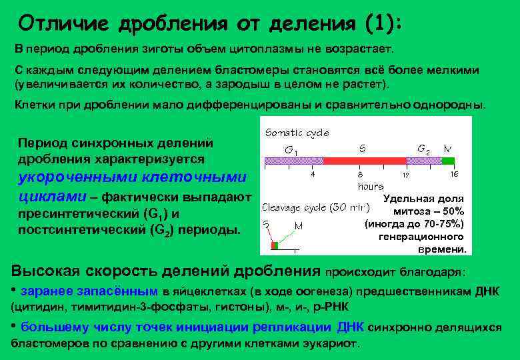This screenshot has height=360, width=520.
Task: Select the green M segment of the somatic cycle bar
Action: pos(448,161)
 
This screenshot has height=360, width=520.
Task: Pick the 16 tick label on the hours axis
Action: pos(454,175)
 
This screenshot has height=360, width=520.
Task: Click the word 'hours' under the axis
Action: pos(371,187)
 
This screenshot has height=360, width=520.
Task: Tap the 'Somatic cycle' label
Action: pos(297,133)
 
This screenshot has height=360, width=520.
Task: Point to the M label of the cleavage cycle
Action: pos(298,225)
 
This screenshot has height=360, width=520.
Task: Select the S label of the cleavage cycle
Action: pos(266,225)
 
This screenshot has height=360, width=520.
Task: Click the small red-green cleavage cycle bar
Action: pos(274,246)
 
